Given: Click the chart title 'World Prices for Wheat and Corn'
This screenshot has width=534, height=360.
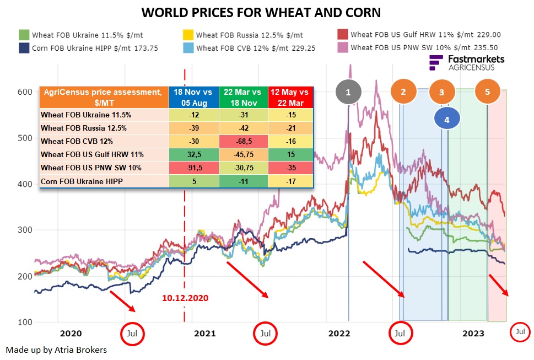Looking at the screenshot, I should coord(261,12).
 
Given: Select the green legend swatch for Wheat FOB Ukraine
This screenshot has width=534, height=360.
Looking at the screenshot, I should coord(24,34).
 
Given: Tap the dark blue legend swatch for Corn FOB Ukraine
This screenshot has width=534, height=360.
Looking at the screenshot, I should coord(24,47).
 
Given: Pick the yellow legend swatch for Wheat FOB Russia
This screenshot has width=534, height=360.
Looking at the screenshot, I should coord(188,34).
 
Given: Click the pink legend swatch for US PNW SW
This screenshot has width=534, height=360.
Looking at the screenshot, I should coord(342,47).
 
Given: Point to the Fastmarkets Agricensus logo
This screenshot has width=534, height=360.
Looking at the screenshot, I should coord(466,62).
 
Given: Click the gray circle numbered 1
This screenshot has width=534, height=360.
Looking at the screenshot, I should coord(348,93).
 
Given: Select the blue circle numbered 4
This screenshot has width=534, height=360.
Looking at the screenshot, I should coord(447,119).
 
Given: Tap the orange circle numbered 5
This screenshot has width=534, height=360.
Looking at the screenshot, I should coord(487,92).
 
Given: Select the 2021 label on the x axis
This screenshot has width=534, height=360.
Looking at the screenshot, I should coord(205,333).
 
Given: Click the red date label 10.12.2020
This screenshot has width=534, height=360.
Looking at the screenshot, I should coord(185,298).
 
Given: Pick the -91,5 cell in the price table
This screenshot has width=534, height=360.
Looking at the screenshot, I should coord(193,166).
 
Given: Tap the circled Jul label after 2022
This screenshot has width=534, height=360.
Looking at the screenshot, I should coord(400,333).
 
